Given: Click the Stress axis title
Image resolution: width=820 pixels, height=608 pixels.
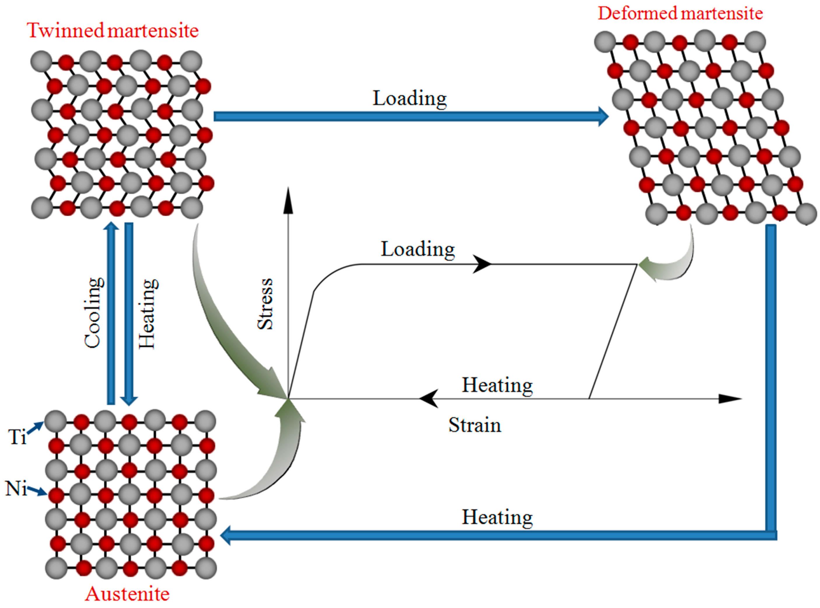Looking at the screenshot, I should pyautogui.click(x=265, y=304).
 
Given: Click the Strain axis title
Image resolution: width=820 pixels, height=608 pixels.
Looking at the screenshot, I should pyautogui.click(x=474, y=425).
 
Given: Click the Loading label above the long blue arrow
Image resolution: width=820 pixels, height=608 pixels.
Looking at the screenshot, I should pyautogui.click(x=410, y=98).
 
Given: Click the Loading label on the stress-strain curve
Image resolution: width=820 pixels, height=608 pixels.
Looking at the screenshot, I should pyautogui.click(x=418, y=249).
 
